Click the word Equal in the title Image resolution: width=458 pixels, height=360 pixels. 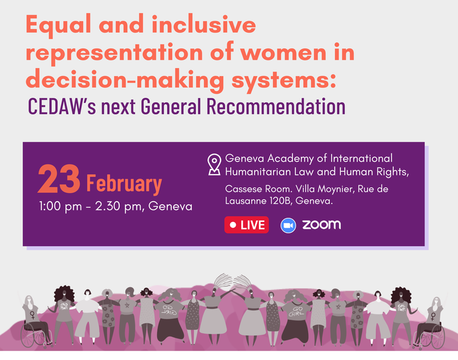tap(58, 26)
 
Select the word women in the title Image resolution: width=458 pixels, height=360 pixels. tap(283, 52)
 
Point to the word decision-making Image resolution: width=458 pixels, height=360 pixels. tap(125, 80)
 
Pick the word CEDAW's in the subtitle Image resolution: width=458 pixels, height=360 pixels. tap(62, 106)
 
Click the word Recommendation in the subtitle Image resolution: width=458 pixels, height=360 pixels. tap(276, 106)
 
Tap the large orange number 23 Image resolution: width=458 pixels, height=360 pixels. tap(59, 179)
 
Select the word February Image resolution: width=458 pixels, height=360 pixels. tap(124, 184)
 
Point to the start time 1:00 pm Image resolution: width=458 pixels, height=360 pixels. tap(60, 207)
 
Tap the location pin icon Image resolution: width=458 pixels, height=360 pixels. tap(214, 164)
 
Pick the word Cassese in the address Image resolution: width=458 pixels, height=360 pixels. tap(243, 189)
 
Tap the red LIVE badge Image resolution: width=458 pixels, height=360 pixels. tap(247, 225)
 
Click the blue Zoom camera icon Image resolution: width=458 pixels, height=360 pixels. tap(289, 226)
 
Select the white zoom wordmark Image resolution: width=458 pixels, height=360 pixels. tap(322, 225)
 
